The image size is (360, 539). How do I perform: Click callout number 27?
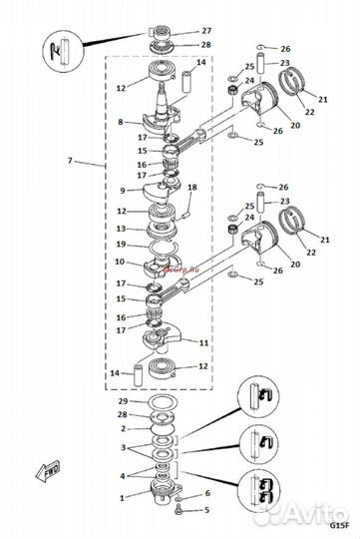coord(206,31)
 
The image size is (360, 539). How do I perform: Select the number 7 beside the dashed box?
coord(69,161)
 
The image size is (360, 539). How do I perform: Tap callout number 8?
coord(120,122)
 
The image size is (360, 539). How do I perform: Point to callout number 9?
coord(120,190)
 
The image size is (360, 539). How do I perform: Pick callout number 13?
coord(120,228)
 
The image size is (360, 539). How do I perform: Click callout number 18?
coord(192,188)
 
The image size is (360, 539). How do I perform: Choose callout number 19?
coord(120,244)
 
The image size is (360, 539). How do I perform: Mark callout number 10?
coord(120,262)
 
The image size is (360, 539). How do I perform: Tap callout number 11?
coord(204,342)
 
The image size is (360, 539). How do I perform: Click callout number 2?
coord(120,427)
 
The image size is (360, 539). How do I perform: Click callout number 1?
coord(120,496)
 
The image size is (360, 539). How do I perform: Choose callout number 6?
coord(207,493)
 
